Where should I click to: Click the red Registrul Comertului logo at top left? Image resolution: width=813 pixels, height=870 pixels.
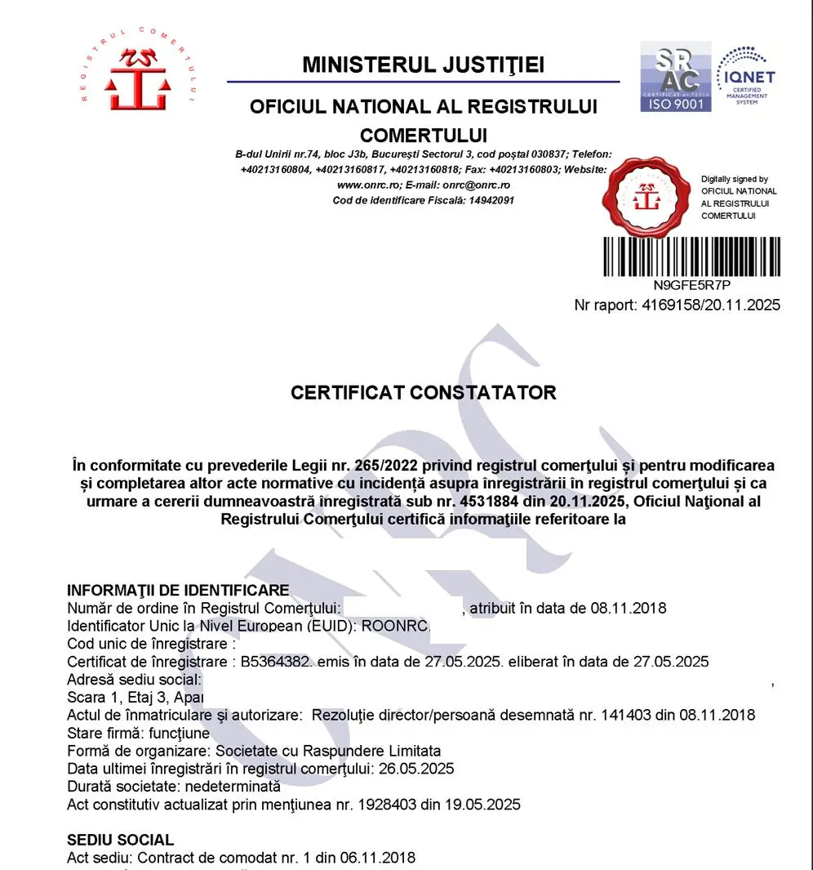pos(138,72)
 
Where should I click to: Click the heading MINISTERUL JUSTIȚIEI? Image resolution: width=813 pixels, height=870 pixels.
pos(423,65)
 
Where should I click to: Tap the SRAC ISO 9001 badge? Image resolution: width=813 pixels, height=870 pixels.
pos(674,77)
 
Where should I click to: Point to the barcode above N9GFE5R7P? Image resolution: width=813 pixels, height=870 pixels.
pos(691,257)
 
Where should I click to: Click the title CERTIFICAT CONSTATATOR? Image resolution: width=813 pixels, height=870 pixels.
pos(423,392)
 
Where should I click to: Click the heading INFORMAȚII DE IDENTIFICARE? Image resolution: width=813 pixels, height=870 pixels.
pos(178,590)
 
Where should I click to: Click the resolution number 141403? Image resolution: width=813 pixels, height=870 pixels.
pos(624,715)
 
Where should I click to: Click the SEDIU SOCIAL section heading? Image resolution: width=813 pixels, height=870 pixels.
pos(120,840)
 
